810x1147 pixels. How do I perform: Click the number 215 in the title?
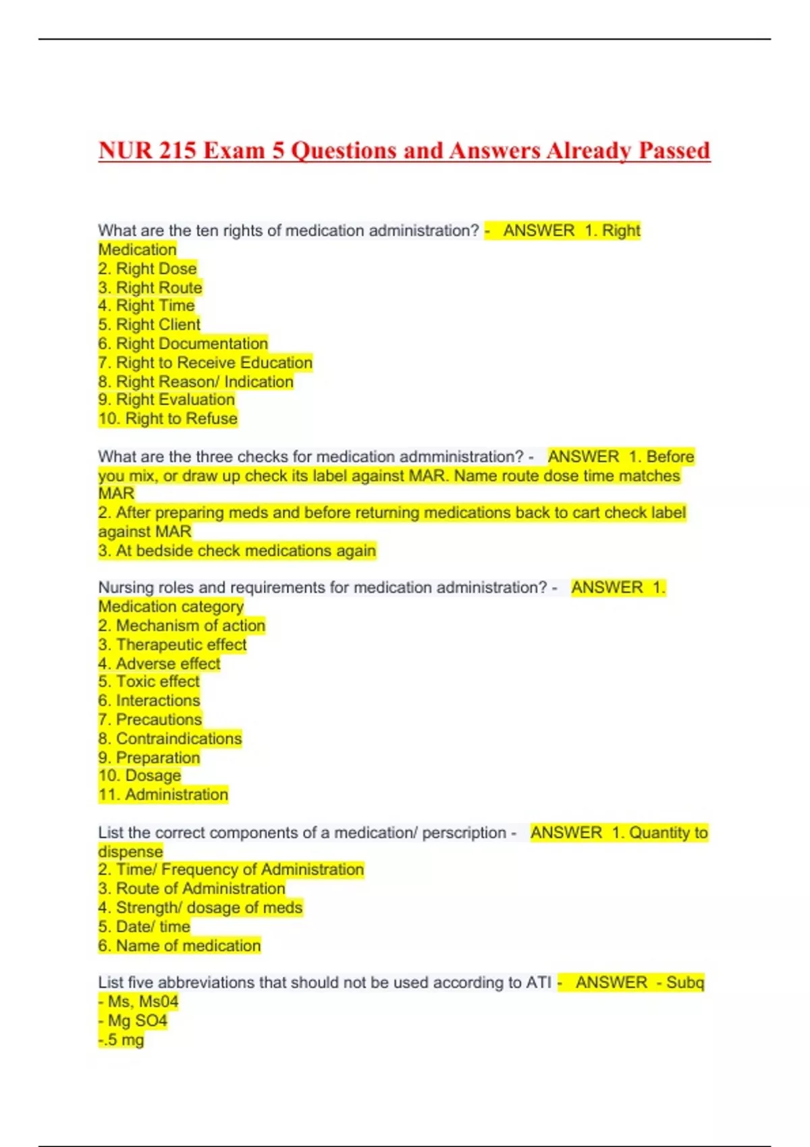[x=177, y=150]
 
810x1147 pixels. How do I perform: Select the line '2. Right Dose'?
[x=147, y=269]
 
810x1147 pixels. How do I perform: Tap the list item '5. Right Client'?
[x=149, y=325]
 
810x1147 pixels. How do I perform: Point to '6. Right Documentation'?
[x=183, y=343]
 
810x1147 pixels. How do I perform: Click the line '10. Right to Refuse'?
[x=168, y=418]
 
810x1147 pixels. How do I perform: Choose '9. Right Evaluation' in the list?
[x=166, y=399]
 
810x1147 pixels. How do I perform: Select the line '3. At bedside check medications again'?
[x=237, y=551]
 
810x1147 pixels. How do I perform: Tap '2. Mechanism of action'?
[x=182, y=625]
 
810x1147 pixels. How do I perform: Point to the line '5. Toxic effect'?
[x=149, y=681]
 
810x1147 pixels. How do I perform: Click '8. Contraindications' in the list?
[x=170, y=738]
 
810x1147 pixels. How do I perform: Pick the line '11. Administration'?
[x=163, y=795]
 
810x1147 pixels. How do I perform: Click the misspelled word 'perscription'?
[x=464, y=833]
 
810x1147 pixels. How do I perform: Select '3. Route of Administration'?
[x=192, y=889]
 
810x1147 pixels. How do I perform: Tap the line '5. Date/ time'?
[x=144, y=926]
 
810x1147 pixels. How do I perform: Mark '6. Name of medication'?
[x=180, y=945]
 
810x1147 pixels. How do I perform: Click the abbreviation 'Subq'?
[x=684, y=982]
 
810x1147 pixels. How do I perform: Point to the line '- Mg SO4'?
[x=133, y=1020]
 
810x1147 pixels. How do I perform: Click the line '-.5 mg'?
[x=122, y=1039]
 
